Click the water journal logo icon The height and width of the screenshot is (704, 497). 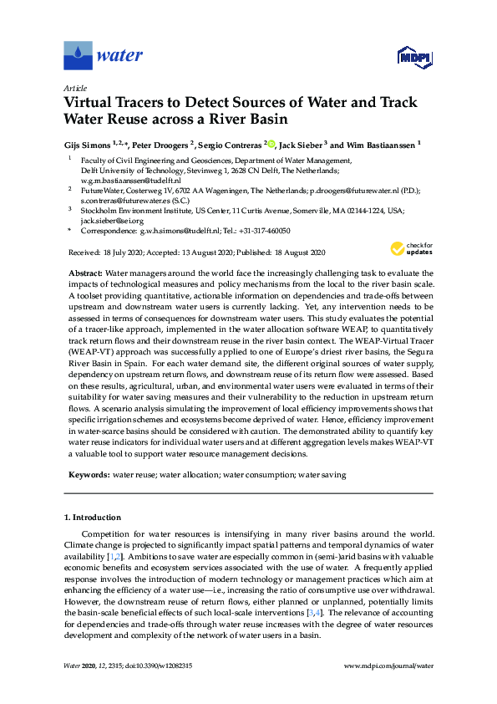coord(78,56)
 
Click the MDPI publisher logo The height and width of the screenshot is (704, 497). coord(413,57)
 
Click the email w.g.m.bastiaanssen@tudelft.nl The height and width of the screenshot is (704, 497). coord(131,180)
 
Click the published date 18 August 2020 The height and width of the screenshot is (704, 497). coord(297,252)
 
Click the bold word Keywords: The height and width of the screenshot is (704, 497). coord(88,474)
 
